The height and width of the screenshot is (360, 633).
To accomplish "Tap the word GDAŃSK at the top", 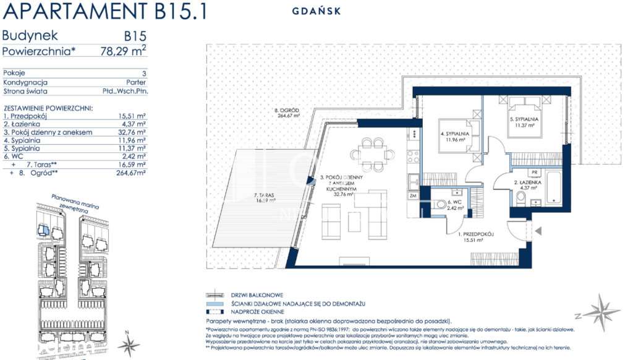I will [x=315, y=11].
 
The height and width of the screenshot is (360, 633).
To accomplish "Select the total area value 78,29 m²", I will [x=123, y=51].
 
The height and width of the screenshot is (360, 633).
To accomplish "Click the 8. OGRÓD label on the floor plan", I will [x=287, y=113].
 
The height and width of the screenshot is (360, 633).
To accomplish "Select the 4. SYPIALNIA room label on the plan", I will [x=455, y=136].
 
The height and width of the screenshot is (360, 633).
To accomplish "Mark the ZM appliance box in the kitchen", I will [x=412, y=195].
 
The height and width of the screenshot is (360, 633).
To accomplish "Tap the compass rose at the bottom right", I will [x=600, y=312].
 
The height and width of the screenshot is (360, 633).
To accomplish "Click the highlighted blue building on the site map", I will [x=43, y=230].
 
